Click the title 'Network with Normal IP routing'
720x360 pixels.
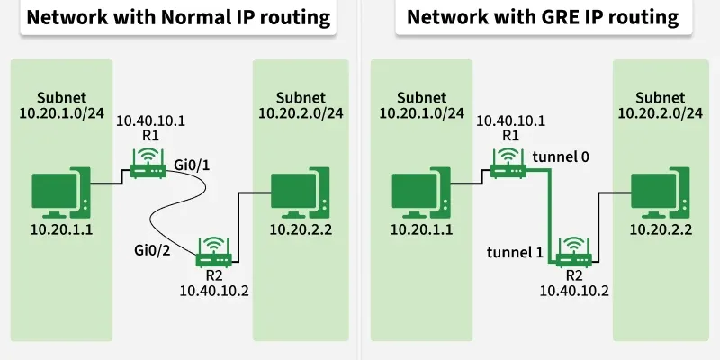pos(178,17)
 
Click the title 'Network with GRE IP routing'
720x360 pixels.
pos(542,17)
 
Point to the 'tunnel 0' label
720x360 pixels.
pos(561,156)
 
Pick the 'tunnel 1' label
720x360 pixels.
pos(515,251)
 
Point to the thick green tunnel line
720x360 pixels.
pos(549,216)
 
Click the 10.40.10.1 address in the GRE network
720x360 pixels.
pos(510,121)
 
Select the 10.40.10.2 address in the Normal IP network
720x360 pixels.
pos(213,290)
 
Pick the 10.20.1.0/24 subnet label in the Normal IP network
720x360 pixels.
pos(61,112)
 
